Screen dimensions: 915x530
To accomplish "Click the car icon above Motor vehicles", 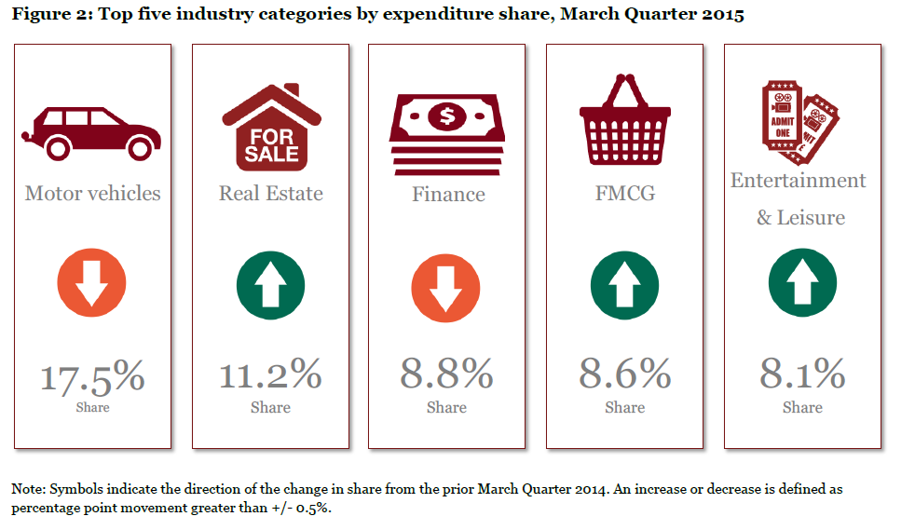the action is click(x=91, y=133).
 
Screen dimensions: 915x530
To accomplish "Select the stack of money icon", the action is click(x=447, y=135).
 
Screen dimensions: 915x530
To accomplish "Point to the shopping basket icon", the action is click(x=625, y=119).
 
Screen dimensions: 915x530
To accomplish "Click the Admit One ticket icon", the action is click(x=800, y=122).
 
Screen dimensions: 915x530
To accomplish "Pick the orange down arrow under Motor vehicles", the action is click(x=91, y=283).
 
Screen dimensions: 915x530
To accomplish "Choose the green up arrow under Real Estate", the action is click(x=271, y=285).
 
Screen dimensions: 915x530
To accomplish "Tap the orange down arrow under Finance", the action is click(x=445, y=288).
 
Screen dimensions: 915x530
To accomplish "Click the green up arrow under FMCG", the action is click(x=625, y=285).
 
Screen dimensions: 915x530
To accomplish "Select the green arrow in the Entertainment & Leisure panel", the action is click(x=803, y=283).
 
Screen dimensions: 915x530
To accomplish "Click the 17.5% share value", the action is click(x=92, y=376).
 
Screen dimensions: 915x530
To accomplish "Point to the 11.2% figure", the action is click(x=270, y=374).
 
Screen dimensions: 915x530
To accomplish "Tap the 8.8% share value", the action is click(x=446, y=374).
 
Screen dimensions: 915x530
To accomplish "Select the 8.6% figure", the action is click(x=625, y=374).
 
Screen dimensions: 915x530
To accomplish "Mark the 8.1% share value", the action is click(x=802, y=374).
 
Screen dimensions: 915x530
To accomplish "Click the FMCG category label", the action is click(x=625, y=193).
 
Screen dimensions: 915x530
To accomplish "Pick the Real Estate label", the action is click(x=271, y=193).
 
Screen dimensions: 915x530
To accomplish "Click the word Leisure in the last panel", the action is click(x=812, y=217).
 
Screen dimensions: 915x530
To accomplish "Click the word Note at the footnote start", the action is click(x=26, y=489).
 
